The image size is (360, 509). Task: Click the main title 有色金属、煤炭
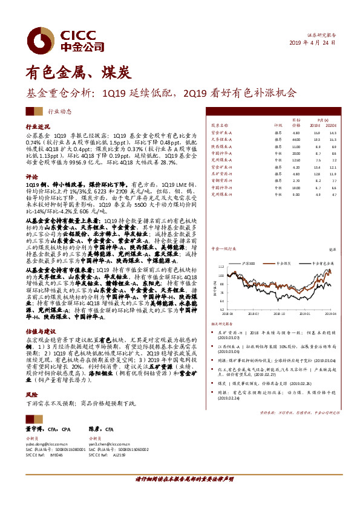(x=78, y=73)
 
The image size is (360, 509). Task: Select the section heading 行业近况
(x=38, y=128)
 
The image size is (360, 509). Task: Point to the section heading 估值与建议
(x=40, y=331)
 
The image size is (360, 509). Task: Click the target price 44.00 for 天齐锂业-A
(x=296, y=139)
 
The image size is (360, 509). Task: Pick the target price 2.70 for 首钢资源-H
(x=296, y=180)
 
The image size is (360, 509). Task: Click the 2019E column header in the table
(x=316, y=125)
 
